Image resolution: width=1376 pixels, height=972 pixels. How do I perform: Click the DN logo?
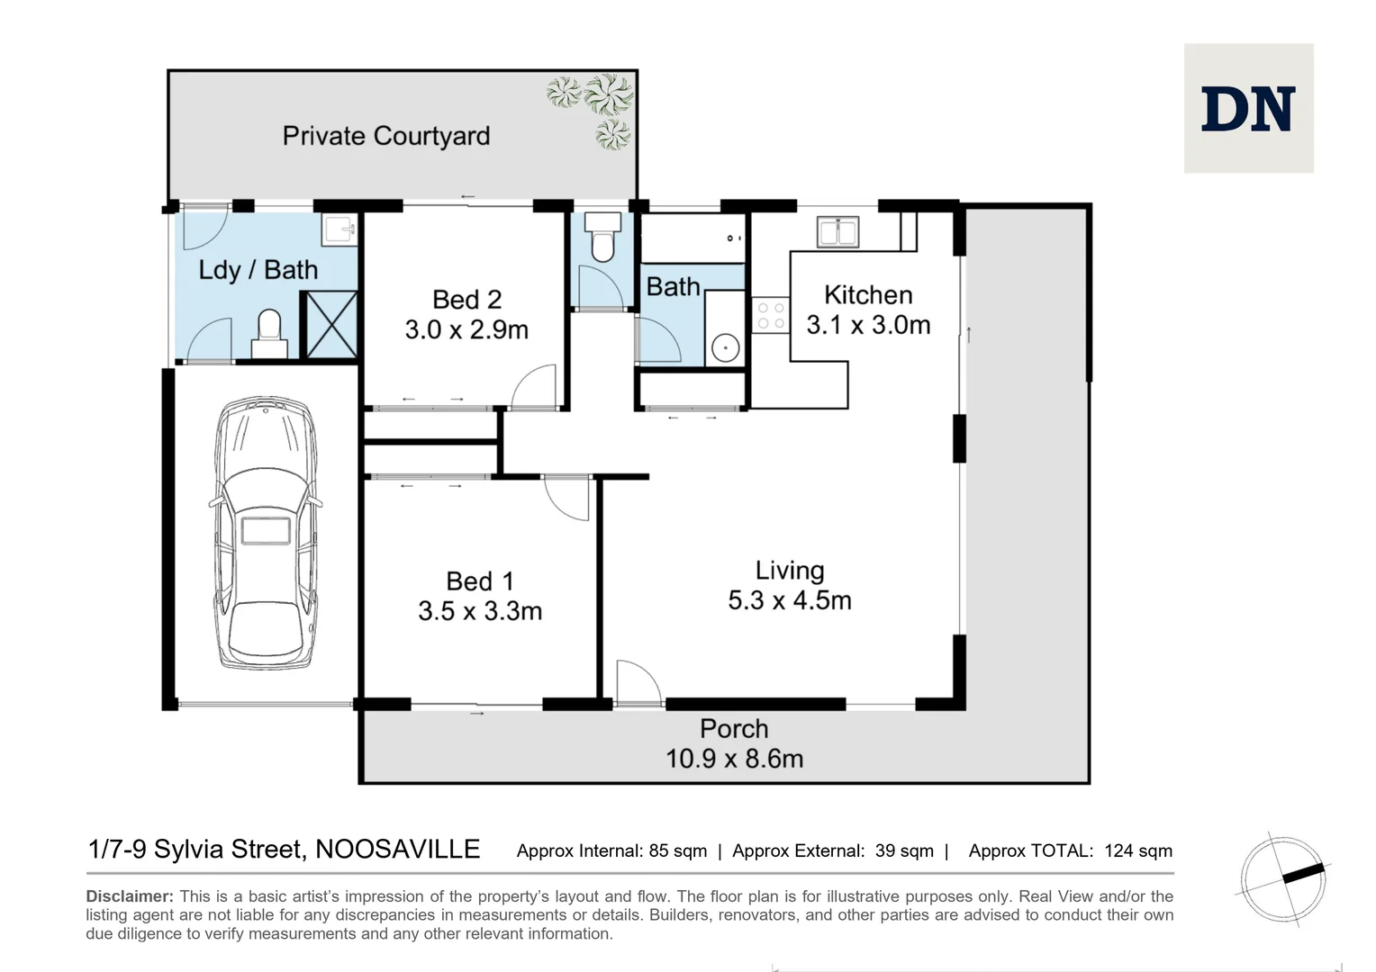(1248, 109)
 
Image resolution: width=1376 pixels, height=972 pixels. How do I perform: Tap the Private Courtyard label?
(386, 136)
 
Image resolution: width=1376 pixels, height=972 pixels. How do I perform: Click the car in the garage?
(266, 533)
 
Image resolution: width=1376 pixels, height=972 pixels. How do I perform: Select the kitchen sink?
(837, 231)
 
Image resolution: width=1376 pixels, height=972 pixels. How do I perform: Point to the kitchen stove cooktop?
(770, 315)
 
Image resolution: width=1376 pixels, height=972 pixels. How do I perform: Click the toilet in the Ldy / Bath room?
(269, 334)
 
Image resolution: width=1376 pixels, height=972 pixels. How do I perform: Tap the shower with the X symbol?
(330, 324)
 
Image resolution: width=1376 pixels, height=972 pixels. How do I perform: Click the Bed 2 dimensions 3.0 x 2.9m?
(466, 329)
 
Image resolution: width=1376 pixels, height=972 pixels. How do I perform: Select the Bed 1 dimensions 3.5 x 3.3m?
(480, 611)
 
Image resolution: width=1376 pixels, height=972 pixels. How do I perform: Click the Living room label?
(789, 571)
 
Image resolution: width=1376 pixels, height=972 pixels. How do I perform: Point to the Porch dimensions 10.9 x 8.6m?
(734, 759)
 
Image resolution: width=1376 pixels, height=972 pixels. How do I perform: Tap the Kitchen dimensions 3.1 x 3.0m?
(868, 325)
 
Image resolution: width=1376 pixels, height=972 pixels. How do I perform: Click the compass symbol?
(1282, 877)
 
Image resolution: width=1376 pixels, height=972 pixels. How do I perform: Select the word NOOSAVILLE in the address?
(397, 850)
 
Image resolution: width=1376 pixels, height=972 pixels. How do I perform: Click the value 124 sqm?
(1137, 850)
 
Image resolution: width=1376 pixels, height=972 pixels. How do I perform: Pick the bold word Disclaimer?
(129, 896)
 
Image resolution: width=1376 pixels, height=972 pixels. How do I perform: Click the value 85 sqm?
(677, 850)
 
